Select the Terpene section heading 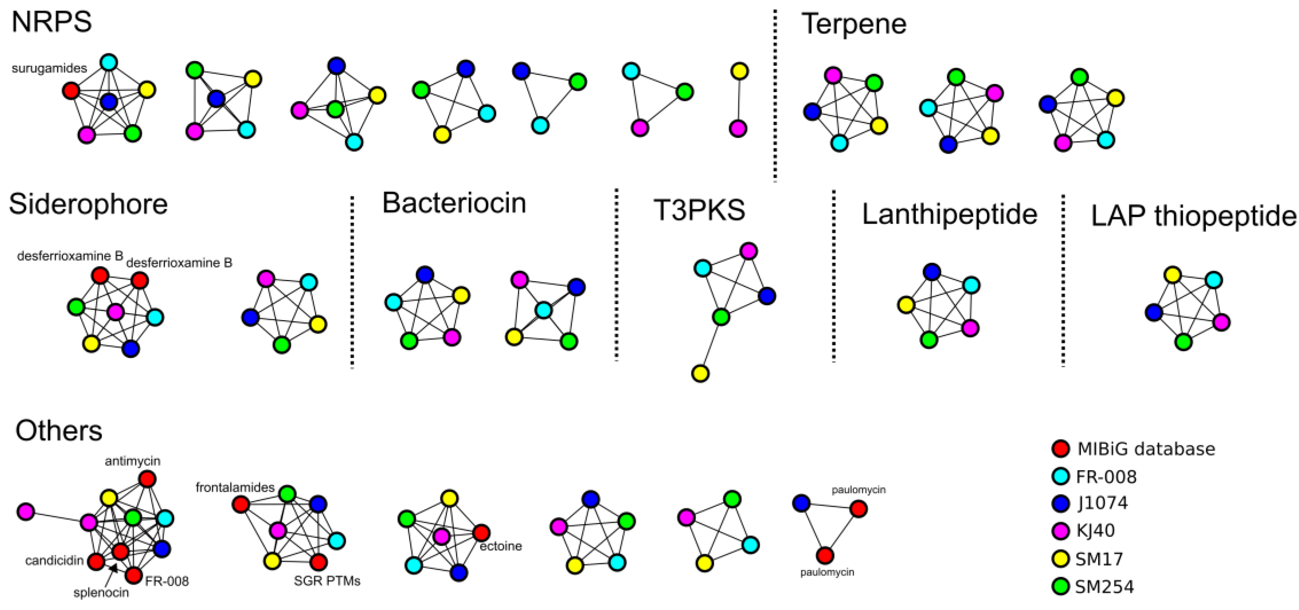tap(854, 24)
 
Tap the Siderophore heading tap(88, 204)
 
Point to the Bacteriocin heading tap(454, 203)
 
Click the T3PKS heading tap(699, 210)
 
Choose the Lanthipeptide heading tap(950, 214)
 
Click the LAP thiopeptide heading tap(1194, 216)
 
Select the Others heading tap(58, 431)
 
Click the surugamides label tap(49, 68)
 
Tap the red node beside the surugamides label tap(71, 91)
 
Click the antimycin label tap(132, 461)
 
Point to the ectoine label tap(500, 546)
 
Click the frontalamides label tap(235, 487)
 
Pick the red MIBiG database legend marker tap(1061, 448)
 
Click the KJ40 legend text tap(1095, 530)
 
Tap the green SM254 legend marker tap(1061, 586)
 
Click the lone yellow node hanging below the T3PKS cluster tap(700, 374)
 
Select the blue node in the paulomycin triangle tap(801, 503)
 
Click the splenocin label tap(101, 593)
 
